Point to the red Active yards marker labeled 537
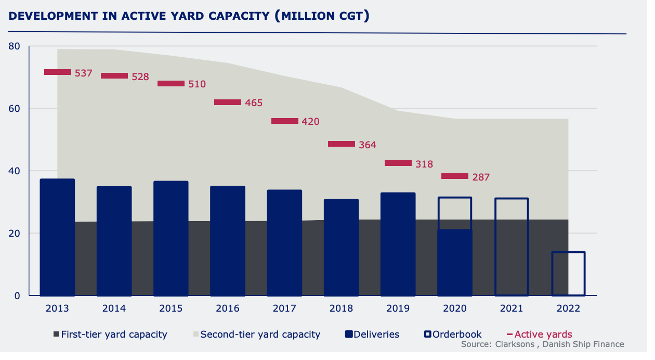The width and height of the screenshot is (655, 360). [x=58, y=72]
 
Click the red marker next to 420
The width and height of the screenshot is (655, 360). [x=285, y=121]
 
